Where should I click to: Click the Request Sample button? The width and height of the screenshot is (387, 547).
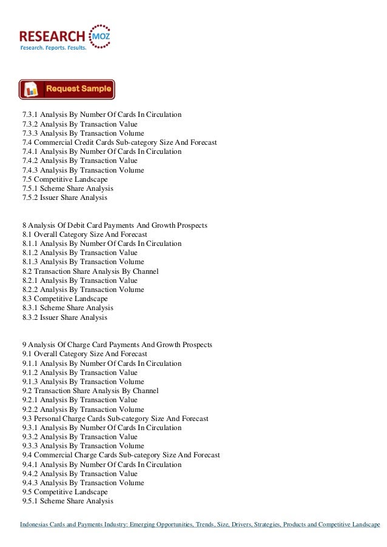tap(67, 89)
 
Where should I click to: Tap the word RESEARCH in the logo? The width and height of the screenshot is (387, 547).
tap(53, 34)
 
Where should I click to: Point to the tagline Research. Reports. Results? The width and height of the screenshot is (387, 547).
tap(53, 47)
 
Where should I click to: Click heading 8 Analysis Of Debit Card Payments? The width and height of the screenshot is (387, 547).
tap(115, 225)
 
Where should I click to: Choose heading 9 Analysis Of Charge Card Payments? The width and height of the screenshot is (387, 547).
tap(117, 345)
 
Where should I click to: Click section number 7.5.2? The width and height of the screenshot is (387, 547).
tap(32, 198)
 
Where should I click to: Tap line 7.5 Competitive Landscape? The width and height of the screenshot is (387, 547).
tap(65, 179)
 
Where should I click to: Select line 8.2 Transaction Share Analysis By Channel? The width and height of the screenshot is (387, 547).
tap(90, 271)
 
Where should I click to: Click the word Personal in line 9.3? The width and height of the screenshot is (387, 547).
tap(49, 419)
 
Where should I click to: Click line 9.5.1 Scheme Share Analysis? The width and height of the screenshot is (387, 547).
tap(67, 502)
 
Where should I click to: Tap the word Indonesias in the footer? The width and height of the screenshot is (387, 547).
tap(38, 524)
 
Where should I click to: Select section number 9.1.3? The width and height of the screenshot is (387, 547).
tap(32, 382)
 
